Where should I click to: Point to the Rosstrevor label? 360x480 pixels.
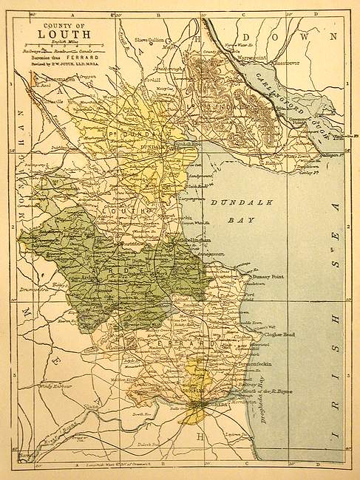[x=288, y=63]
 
